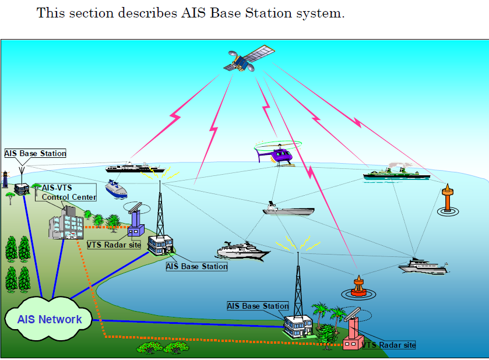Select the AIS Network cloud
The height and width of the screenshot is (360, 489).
(50, 319)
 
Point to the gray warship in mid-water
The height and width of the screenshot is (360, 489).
(288, 209)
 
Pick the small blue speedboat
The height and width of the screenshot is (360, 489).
(116, 189)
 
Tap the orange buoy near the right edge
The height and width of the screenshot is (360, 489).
(448, 200)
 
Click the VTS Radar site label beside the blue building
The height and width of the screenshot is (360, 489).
(114, 245)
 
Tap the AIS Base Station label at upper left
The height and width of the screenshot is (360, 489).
(35, 153)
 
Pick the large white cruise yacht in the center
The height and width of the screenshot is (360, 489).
(243, 250)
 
